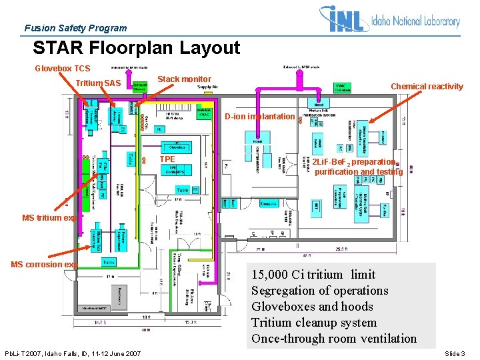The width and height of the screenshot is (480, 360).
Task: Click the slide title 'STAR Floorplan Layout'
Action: pyautogui.click(x=136, y=48)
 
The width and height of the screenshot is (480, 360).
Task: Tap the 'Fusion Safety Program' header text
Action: pyautogui.click(x=75, y=28)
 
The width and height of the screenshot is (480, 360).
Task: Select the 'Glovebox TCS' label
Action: pyautogui.click(x=62, y=69)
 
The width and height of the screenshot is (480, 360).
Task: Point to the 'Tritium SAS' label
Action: pyautogui.click(x=98, y=83)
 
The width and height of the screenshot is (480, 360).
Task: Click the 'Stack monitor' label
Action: pyautogui.click(x=184, y=79)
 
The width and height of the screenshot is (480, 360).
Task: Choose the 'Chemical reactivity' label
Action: pyautogui.click(x=427, y=87)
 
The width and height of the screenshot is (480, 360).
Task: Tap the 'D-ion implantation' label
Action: pyautogui.click(x=259, y=117)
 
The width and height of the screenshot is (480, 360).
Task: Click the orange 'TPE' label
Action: pyautogui.click(x=167, y=160)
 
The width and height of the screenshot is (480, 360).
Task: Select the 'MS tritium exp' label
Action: pyautogui.click(x=50, y=218)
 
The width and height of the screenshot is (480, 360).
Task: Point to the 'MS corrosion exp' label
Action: pyautogui.click(x=44, y=265)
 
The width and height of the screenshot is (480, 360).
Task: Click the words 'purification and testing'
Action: pyautogui.click(x=359, y=172)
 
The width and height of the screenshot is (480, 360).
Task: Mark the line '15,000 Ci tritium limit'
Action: pyautogui.click(x=313, y=275)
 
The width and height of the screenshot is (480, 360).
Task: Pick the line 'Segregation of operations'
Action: pyautogui.click(x=319, y=291)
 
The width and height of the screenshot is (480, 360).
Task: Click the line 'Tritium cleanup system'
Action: pyautogui.click(x=314, y=323)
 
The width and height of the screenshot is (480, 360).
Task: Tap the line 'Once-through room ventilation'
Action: pyautogui.click(x=333, y=339)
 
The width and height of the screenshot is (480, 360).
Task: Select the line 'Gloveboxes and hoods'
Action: pyautogui.click(x=312, y=307)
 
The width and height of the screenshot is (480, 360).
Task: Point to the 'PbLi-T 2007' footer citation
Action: pyautogui.click(x=73, y=353)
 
